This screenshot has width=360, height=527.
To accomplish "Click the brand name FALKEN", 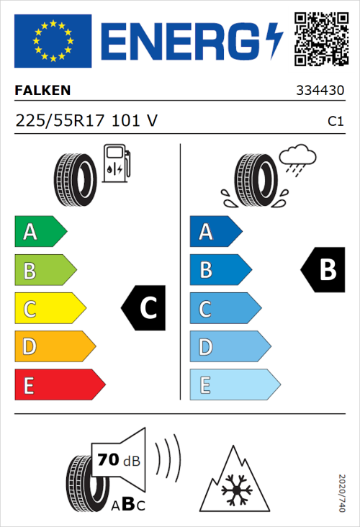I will pyautogui.click(x=42, y=91).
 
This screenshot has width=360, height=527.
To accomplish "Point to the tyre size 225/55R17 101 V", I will pyautogui.click(x=86, y=121).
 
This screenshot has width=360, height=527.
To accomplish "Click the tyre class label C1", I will pyautogui.click(x=335, y=122).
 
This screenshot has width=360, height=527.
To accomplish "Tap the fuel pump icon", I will pyautogui.click(x=116, y=163).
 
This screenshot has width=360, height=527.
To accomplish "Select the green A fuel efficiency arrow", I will pyautogui.click(x=40, y=232).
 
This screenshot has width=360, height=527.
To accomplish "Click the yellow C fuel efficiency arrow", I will pyautogui.click(x=49, y=309).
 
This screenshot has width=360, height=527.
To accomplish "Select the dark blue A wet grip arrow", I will pyautogui.click(x=215, y=232).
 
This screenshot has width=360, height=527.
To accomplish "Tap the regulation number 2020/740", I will pyautogui.click(x=343, y=492).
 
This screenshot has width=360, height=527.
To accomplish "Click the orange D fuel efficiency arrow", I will pyautogui.click(x=54, y=347).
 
